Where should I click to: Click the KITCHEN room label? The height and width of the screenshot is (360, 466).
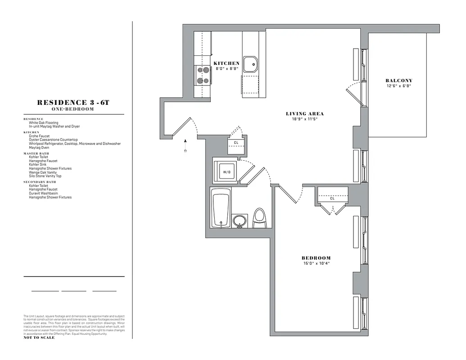coord(226,63)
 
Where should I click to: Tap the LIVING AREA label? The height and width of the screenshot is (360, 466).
coord(305,114)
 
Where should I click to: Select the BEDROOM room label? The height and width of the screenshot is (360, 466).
coord(316,258)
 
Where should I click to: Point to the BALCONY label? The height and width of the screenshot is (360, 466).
coord(398,81)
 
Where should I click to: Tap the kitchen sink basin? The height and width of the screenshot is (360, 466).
coord(250,65)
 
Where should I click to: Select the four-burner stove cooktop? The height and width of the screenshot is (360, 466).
coord(203,76)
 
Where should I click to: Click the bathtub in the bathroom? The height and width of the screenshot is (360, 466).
coord(221,208)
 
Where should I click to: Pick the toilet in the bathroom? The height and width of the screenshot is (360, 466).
coord(259,218)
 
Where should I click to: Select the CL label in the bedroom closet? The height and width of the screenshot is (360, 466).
coord(332,198)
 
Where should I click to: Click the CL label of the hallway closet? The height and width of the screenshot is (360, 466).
coord(236,143)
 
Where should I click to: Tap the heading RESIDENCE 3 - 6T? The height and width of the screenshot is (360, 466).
coord(73,103)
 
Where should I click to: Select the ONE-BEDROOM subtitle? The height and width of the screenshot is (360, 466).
coord(73,109)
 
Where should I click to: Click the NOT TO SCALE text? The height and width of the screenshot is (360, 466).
coord(39,337)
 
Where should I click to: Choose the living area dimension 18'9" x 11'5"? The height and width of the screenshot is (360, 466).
coord(305,120)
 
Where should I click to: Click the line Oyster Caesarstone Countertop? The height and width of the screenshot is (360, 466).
coord(53,140)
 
